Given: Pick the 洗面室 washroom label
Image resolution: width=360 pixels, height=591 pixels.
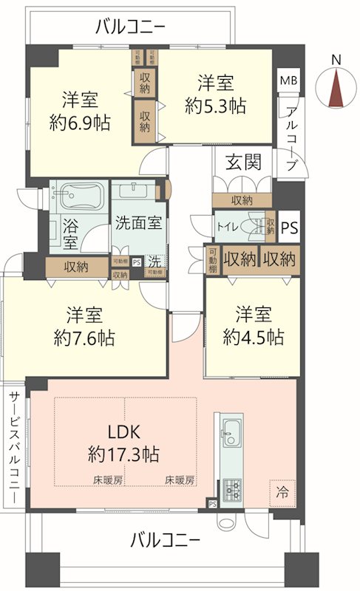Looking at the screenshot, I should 139,222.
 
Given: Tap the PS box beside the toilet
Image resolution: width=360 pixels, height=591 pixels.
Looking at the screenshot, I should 289,228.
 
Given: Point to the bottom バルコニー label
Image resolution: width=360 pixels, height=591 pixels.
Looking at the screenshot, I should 166,540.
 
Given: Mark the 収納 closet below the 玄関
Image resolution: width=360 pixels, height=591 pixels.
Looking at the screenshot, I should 242,200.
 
